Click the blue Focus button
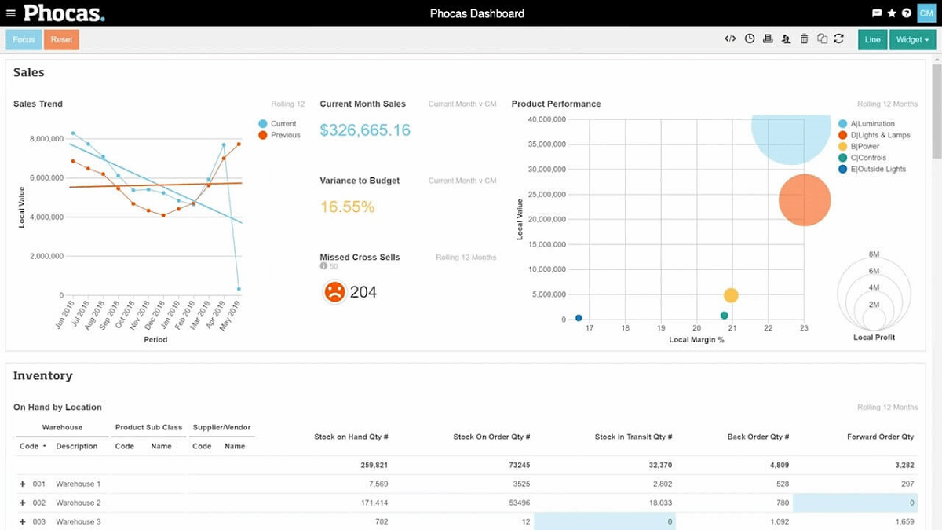coord(24,39)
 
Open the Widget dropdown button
coord(912,39)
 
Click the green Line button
coord(872,39)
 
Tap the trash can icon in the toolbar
coord(804,38)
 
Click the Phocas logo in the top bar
coord(64,13)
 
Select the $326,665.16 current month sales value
coord(365,130)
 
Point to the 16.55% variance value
coord(347,207)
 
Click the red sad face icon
coord(334,292)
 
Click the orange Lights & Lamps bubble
coord(805,200)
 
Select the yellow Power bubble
coord(731,295)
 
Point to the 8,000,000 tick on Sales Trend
coord(46,139)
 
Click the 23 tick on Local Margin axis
coord(804,328)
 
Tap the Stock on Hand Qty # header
coord(351,437)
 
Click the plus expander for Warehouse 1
coord(23,484)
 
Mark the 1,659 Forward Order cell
coord(904,521)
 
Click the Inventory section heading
coord(42,376)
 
